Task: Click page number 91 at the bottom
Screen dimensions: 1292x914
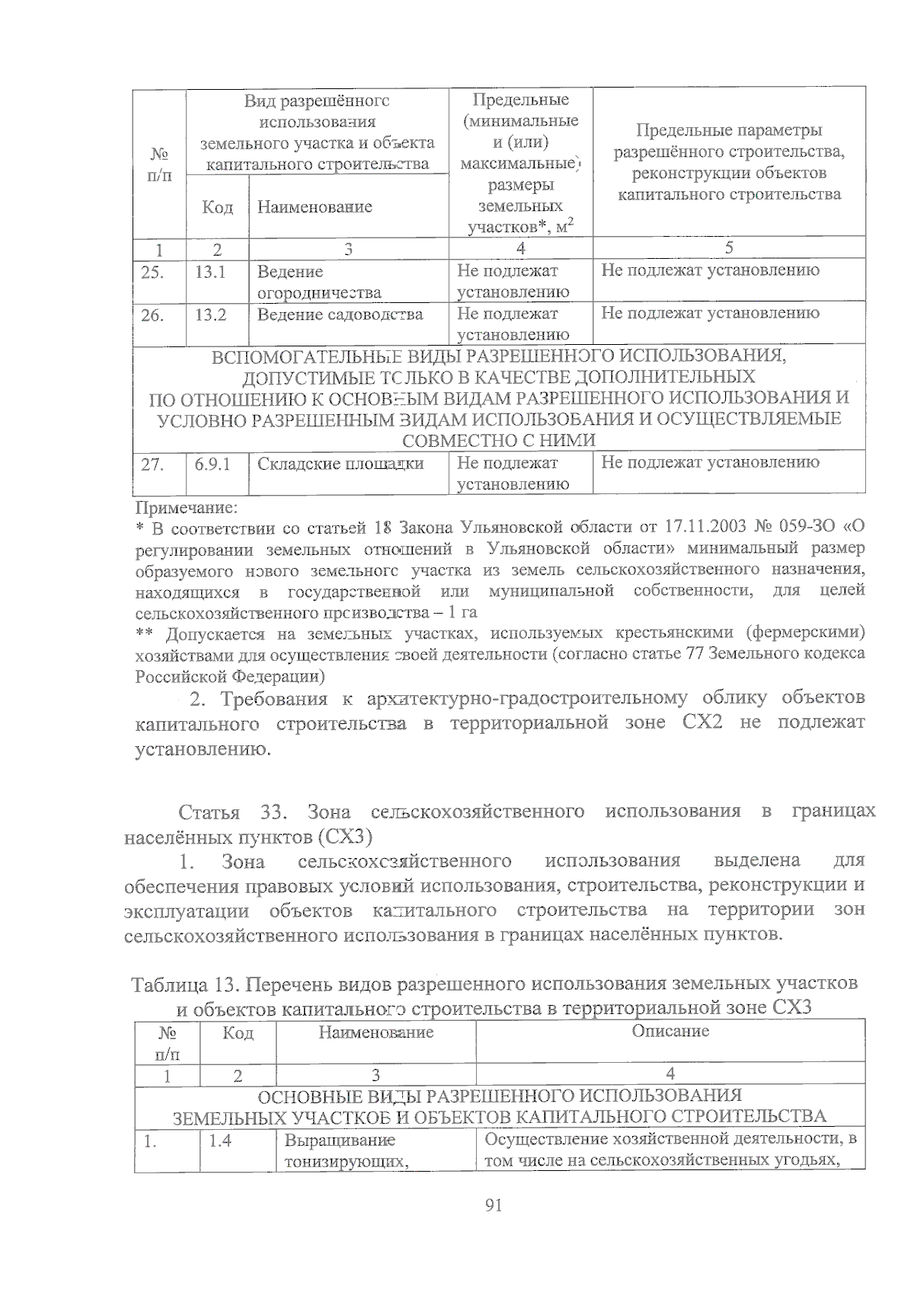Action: tap(494, 1204)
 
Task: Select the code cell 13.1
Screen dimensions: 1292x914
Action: tap(210, 271)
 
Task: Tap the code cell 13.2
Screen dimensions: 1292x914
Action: tap(210, 314)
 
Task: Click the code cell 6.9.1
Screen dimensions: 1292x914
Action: tap(213, 463)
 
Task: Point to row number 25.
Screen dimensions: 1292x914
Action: tap(152, 272)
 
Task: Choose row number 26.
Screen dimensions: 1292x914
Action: tap(152, 314)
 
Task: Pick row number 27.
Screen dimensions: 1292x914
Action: tap(152, 464)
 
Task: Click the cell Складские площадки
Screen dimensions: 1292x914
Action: tap(340, 463)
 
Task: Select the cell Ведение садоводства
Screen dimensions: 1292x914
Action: tap(340, 314)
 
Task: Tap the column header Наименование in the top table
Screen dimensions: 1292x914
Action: tap(315, 206)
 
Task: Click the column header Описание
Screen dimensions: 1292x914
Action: tap(670, 1031)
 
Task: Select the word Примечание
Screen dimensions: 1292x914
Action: tap(186, 506)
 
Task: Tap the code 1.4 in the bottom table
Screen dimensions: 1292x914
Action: tap(220, 1140)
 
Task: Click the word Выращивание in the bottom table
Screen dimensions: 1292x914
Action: tap(339, 1140)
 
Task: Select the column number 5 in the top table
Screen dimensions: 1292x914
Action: tap(729, 247)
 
